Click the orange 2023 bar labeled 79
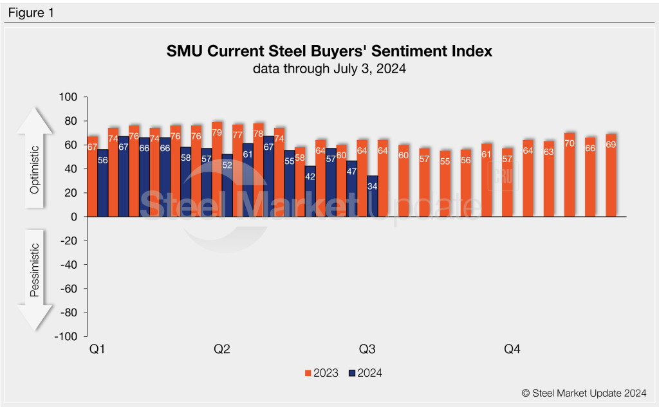(217, 170)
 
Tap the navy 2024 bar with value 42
(310, 192)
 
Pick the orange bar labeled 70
(570, 175)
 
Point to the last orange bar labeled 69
(611, 176)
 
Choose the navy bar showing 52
(227, 186)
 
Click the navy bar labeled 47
(351, 188)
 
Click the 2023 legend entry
(321, 373)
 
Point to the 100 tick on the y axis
(68, 97)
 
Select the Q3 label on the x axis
(367, 349)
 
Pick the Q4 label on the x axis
(512, 349)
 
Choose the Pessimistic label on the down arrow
(36, 270)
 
